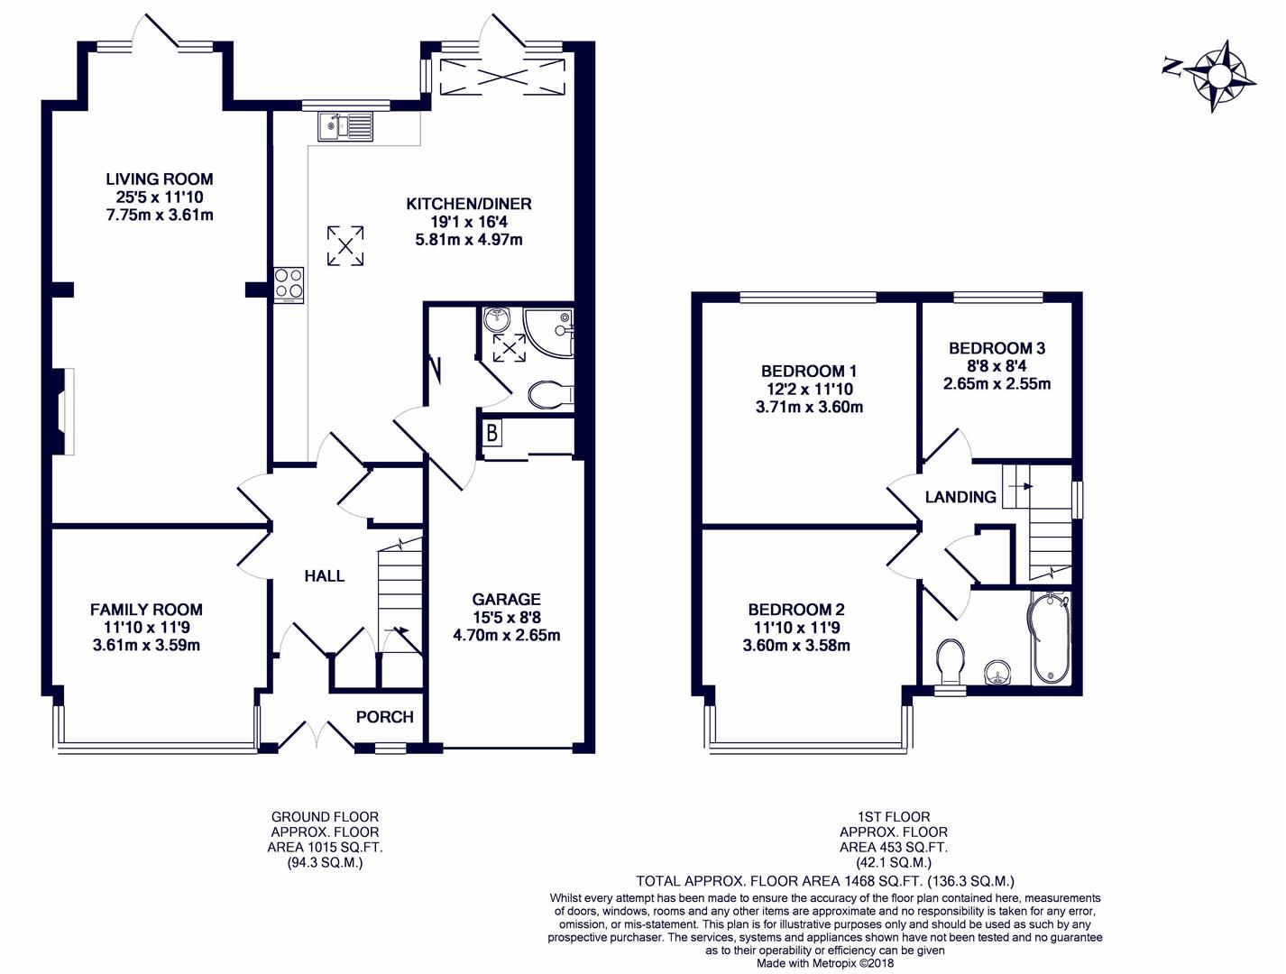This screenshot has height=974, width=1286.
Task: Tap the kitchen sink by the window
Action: (344, 126)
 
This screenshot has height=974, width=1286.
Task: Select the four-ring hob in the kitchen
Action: (289, 284)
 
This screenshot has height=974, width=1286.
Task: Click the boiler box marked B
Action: (491, 434)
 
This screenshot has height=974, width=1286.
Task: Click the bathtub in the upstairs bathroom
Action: (1051, 639)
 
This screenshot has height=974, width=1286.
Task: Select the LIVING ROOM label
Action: (159, 179)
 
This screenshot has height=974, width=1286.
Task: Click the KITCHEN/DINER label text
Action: (469, 204)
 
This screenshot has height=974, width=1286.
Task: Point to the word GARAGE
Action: (506, 599)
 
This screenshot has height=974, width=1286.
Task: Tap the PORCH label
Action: (384, 717)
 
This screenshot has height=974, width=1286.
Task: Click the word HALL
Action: (324, 575)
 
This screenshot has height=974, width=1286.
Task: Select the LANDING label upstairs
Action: (960, 497)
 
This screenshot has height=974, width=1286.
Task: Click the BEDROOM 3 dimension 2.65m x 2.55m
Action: (997, 383)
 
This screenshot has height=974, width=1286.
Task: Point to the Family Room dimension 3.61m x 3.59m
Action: (146, 645)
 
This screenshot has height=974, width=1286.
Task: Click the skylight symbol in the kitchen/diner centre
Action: (345, 245)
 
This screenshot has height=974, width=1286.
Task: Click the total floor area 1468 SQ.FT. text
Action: (825, 881)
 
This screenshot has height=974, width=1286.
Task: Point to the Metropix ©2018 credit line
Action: (825, 962)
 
